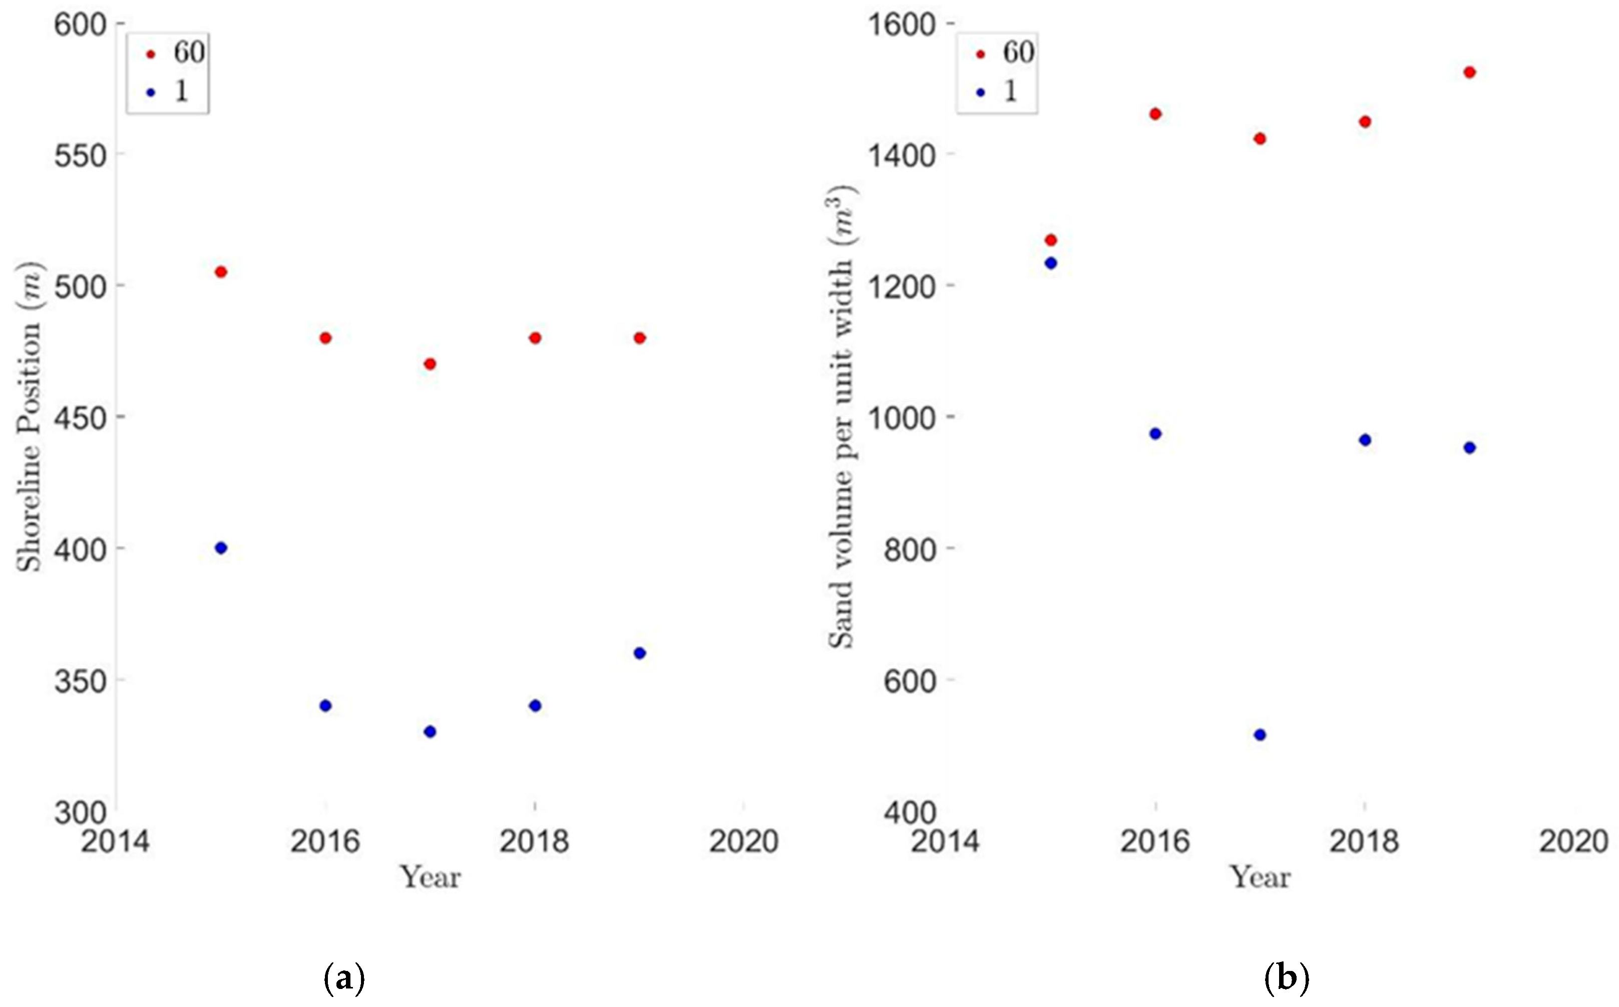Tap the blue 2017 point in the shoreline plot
[430, 732]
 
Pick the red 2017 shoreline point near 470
[430, 364]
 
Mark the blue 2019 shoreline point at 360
[639, 653]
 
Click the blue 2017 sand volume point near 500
[1260, 735]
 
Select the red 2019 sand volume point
[1469, 73]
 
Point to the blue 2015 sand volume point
[1050, 263]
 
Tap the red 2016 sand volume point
[1155, 115]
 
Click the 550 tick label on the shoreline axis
[81, 156]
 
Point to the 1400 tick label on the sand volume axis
[902, 156]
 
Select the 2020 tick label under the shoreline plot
[743, 842]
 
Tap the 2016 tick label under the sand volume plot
[1155, 842]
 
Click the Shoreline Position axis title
[30, 416]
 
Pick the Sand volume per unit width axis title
[843, 416]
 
